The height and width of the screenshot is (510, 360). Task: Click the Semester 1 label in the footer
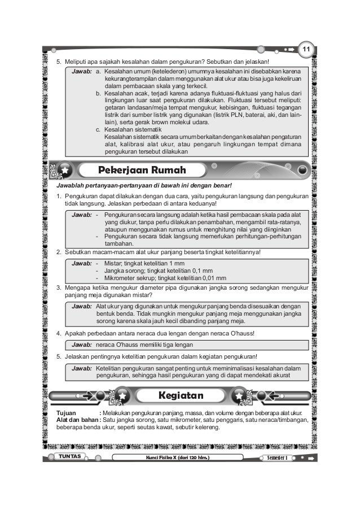[279, 456]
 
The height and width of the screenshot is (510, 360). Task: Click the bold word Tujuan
[61, 413]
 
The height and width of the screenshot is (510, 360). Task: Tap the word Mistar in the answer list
[114, 263]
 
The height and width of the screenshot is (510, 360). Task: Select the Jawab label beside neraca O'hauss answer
[82, 344]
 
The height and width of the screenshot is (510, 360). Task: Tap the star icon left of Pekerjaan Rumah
[67, 170]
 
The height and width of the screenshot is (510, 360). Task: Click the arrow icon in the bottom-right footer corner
[310, 456]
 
